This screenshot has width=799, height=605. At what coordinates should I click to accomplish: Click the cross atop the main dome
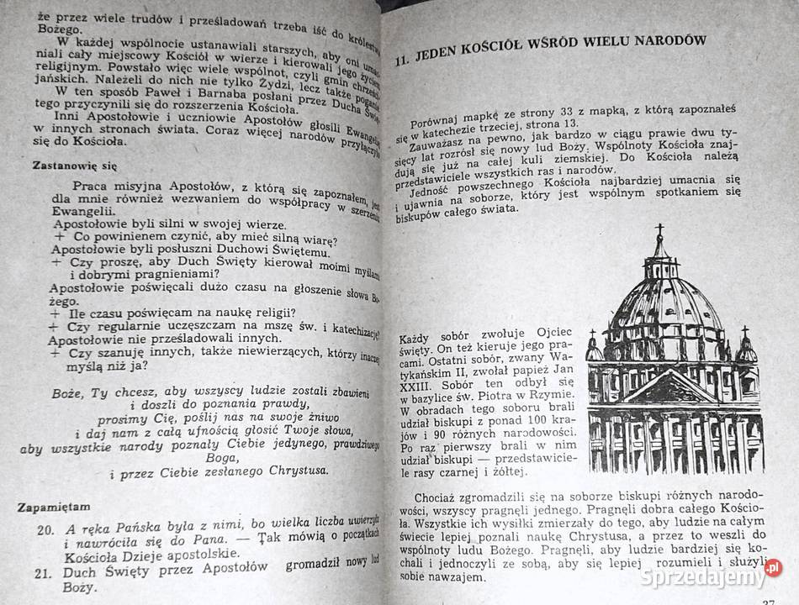[x=659, y=229]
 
